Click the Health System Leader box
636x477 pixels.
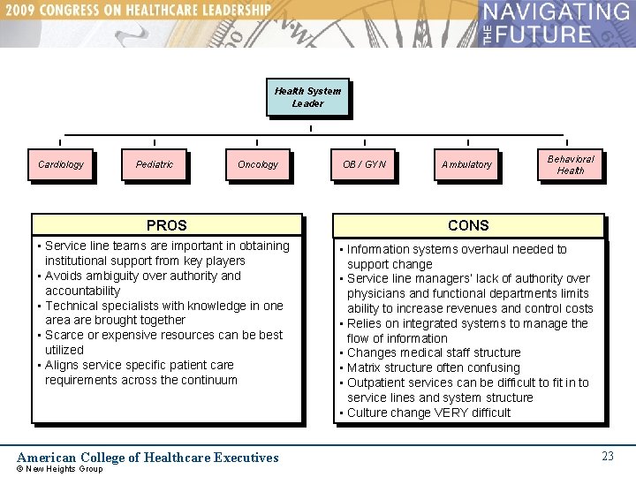tap(307, 97)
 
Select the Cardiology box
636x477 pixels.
tap(61, 164)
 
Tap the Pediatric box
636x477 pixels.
tap(155, 164)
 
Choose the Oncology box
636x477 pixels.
tap(257, 164)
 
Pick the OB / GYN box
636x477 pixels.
tap(365, 164)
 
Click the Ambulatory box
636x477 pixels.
tap(467, 164)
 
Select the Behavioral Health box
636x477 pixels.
tap(570, 164)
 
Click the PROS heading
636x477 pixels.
tap(167, 225)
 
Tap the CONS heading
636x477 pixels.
tap(468, 225)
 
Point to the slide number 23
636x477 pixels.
tap(608, 456)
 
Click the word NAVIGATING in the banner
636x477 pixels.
tap(556, 13)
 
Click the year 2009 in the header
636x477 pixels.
tap(26, 11)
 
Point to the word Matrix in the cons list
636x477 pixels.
tap(365, 367)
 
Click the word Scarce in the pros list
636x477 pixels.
tap(64, 335)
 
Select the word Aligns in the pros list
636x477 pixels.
tap(62, 365)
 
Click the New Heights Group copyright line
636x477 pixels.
tap(60, 469)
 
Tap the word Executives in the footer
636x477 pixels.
tap(239, 458)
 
